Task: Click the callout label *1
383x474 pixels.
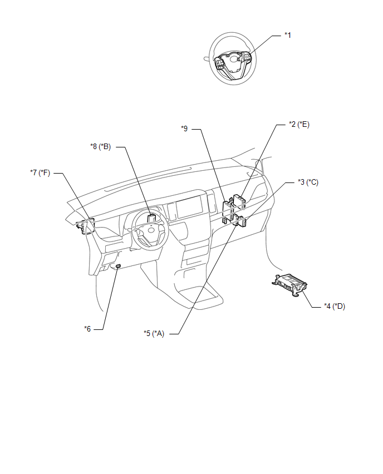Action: pos(288,36)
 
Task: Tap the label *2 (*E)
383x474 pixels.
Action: pos(299,124)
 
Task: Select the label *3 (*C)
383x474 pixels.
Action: pos(308,182)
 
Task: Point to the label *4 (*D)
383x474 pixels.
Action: pos(335,306)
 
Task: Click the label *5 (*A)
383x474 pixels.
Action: pos(154,333)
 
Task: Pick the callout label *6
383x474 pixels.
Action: pos(87,329)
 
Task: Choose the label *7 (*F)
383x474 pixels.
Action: pos(40,172)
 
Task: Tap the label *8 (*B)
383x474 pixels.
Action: pos(101,147)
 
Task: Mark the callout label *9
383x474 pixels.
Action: pos(185,129)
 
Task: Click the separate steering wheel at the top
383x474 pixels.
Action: pos(233,58)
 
